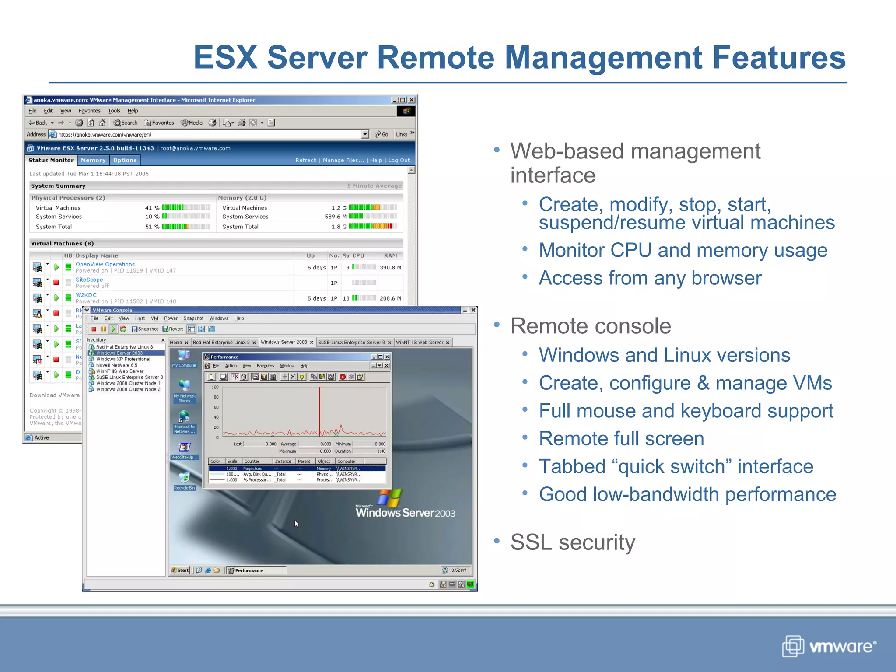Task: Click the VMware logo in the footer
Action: [829, 646]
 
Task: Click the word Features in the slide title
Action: [779, 57]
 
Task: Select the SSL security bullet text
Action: [572, 542]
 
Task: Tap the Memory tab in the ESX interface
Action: [93, 161]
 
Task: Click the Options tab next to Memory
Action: [125, 161]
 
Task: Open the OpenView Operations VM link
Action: [105, 264]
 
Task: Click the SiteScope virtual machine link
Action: [89, 280]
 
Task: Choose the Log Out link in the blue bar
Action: [399, 161]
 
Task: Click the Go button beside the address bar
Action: [381, 134]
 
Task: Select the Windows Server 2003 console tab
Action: [284, 343]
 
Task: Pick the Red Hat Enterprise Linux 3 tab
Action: [221, 343]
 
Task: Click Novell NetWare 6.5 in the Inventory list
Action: [117, 365]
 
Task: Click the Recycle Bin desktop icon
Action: [184, 479]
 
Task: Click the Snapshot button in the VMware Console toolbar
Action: [145, 329]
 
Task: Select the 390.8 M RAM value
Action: [390, 268]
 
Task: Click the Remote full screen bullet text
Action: [621, 439]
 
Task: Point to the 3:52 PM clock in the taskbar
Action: [458, 570]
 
